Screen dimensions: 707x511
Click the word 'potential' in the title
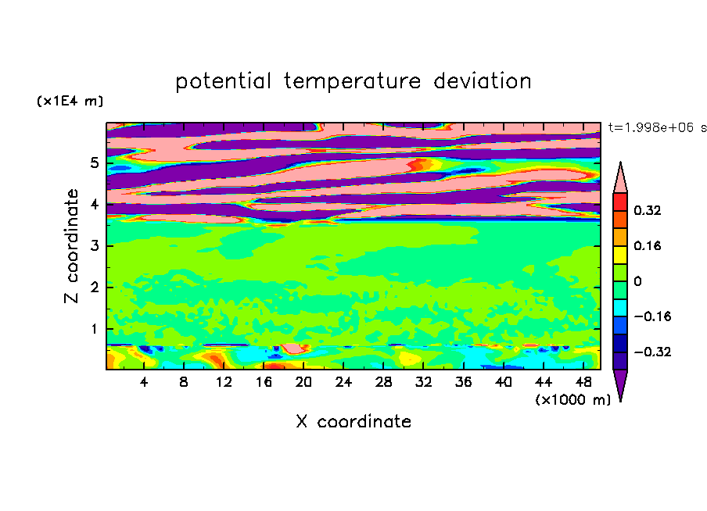click(223, 82)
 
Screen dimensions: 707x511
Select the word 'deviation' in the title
click(483, 81)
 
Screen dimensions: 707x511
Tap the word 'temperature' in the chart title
click(352, 82)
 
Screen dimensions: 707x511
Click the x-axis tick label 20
click(303, 382)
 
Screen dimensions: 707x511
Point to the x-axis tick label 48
click(583, 382)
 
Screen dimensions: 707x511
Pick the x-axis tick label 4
click(143, 382)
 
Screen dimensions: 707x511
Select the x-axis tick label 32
click(423, 382)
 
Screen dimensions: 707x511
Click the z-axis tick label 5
click(94, 163)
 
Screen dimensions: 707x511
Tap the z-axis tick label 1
click(94, 329)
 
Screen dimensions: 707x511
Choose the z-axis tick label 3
click(94, 245)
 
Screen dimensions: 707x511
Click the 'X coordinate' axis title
click(353, 421)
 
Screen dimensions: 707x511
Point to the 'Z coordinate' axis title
click(71, 245)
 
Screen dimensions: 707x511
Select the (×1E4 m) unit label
click(70, 101)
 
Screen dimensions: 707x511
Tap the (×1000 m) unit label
click(572, 400)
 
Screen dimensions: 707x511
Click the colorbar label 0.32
click(647, 210)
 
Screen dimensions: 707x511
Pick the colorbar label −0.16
click(652, 316)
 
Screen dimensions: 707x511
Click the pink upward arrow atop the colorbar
click(620, 178)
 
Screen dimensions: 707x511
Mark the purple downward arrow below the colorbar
click(620, 384)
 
